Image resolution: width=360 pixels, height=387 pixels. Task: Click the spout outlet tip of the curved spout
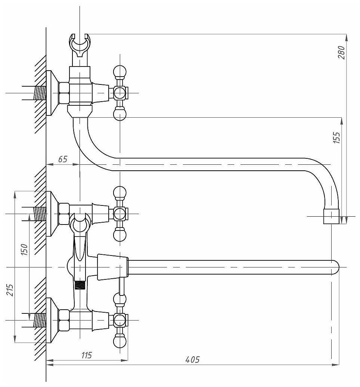coord(331,217)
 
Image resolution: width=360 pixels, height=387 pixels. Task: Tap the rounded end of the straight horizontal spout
coord(335,267)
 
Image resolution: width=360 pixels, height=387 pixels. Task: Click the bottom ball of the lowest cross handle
coord(120,341)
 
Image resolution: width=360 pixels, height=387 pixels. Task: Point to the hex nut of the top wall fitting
coord(64,93)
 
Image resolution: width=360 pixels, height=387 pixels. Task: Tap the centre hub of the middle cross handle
coord(120,214)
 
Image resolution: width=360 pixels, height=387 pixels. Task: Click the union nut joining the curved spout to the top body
coord(80,111)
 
